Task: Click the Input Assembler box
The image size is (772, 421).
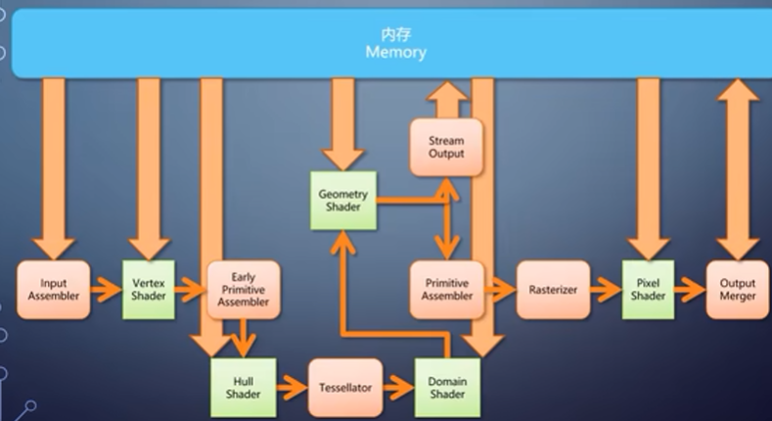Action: (x=54, y=289)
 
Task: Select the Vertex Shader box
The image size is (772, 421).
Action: (x=149, y=289)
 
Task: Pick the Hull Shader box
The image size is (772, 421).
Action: (x=244, y=387)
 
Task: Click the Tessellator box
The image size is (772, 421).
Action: (x=344, y=387)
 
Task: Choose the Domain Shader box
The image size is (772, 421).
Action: (x=445, y=387)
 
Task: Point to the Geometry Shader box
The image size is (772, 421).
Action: (x=342, y=201)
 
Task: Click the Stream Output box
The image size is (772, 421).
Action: (x=446, y=148)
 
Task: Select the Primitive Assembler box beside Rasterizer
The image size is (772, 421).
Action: (x=446, y=289)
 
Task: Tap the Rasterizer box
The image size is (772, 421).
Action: (x=553, y=289)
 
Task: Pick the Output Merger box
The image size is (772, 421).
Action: (x=737, y=289)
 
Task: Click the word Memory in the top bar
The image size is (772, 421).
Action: (x=395, y=53)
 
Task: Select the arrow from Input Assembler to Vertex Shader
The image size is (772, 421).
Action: (x=106, y=289)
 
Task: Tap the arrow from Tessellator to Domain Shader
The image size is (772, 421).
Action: (x=396, y=387)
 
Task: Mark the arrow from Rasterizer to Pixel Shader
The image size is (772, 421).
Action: (x=607, y=289)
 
